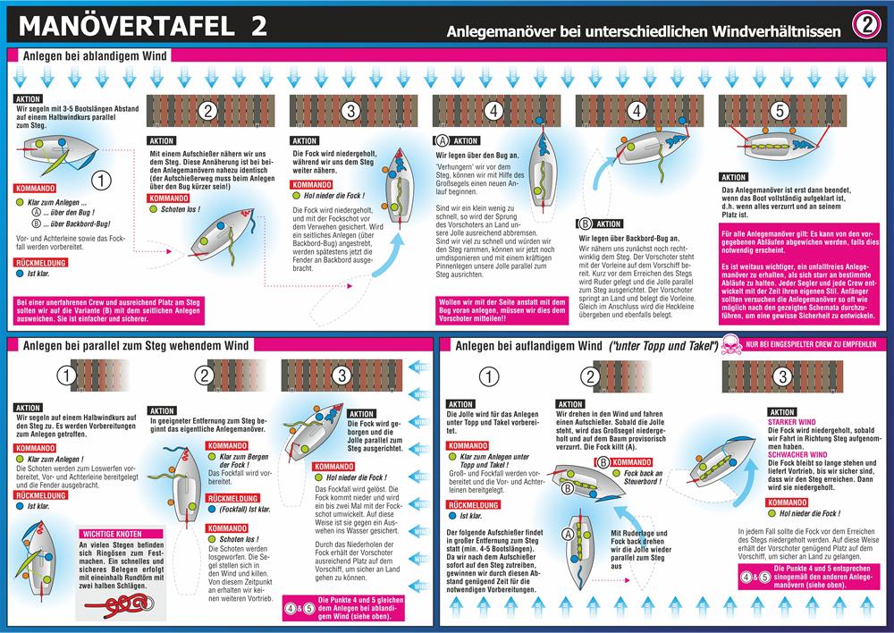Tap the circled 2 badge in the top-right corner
(x=866, y=26)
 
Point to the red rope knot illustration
(x=97, y=604)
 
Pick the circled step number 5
(x=780, y=112)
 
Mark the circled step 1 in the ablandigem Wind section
(x=103, y=180)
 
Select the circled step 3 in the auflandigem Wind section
(x=781, y=376)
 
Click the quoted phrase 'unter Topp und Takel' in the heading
(x=663, y=345)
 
